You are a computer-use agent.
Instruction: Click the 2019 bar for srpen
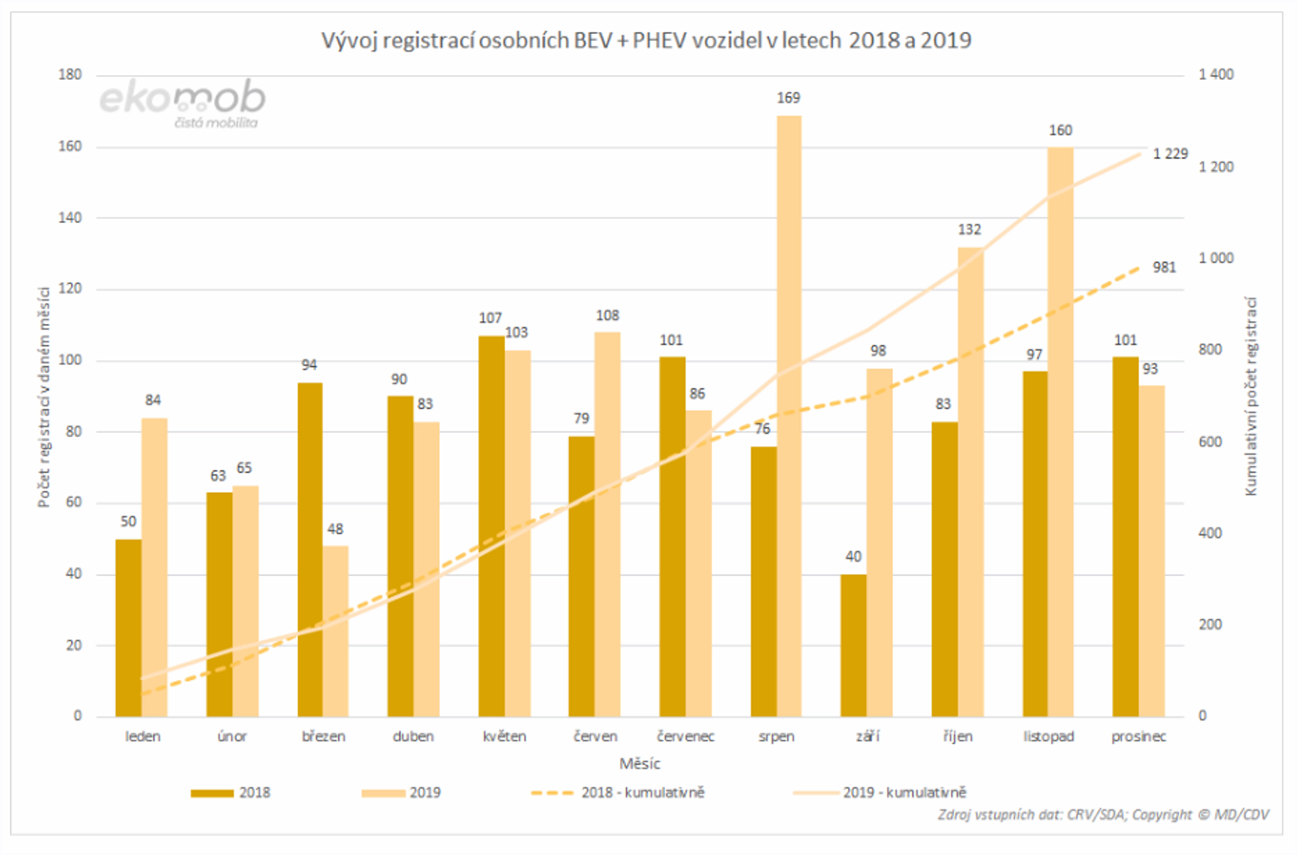789,415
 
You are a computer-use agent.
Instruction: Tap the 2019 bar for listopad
1060,431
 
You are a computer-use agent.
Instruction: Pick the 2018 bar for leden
128,627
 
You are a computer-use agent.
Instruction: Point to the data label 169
788,98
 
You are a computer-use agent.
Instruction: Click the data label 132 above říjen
970,230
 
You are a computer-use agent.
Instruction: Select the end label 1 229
1170,155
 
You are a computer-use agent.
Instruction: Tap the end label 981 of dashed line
1164,268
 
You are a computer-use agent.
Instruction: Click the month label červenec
685,737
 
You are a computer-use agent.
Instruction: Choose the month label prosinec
1138,737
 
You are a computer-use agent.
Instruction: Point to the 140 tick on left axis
70,218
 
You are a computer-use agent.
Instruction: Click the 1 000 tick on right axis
1215,258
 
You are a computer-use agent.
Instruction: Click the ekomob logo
183,102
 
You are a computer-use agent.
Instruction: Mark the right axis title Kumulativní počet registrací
1251,396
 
